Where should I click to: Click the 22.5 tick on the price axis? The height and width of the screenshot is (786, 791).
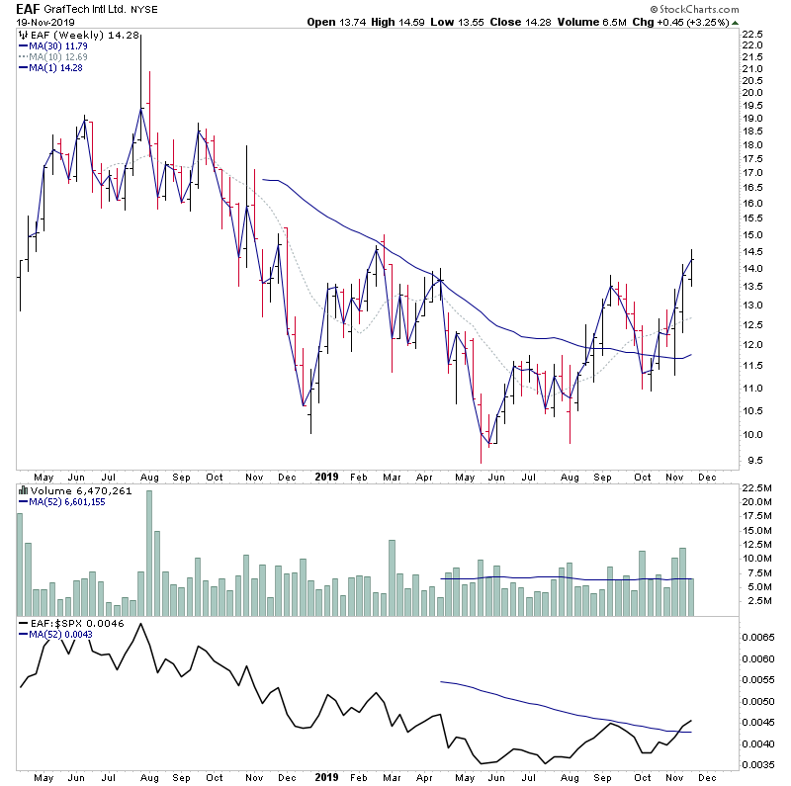755,34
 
